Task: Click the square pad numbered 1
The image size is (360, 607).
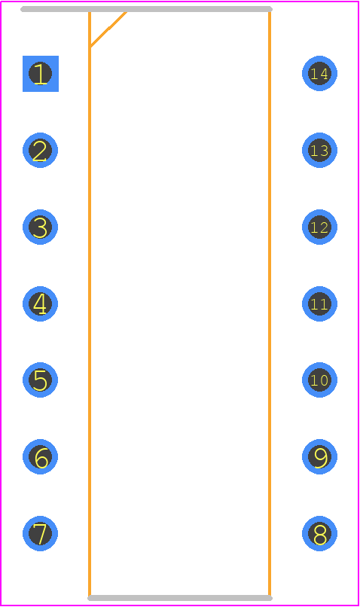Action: pyautogui.click(x=41, y=74)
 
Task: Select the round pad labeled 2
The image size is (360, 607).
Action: pyautogui.click(x=40, y=150)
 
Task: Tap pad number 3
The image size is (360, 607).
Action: pyautogui.click(x=40, y=227)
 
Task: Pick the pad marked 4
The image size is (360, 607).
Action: pyautogui.click(x=40, y=303)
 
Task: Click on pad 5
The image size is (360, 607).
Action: pyautogui.click(x=40, y=380)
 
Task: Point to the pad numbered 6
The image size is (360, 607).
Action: pyautogui.click(x=40, y=456)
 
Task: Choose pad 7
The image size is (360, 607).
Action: pyautogui.click(x=40, y=533)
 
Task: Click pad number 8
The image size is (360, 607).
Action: pyautogui.click(x=320, y=533)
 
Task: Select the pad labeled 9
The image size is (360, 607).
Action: pyautogui.click(x=320, y=456)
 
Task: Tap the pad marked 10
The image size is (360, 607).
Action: pyautogui.click(x=320, y=380)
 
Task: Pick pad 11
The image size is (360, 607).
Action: pyautogui.click(x=320, y=303)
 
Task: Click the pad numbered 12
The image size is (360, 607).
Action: pyautogui.click(x=320, y=227)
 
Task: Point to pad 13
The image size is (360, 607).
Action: pyautogui.click(x=320, y=150)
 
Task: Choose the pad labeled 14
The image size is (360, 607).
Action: pyautogui.click(x=320, y=73)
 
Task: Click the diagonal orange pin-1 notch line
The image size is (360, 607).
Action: pyautogui.click(x=108, y=29)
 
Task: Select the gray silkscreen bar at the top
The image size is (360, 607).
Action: pyautogui.click(x=146, y=9)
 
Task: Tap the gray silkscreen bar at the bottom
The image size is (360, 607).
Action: pyautogui.click(x=180, y=598)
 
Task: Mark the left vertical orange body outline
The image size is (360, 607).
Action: pyautogui.click(x=90, y=304)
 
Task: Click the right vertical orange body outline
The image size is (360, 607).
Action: pyautogui.click(x=270, y=304)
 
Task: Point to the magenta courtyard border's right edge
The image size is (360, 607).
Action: pyautogui.click(x=358, y=303)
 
